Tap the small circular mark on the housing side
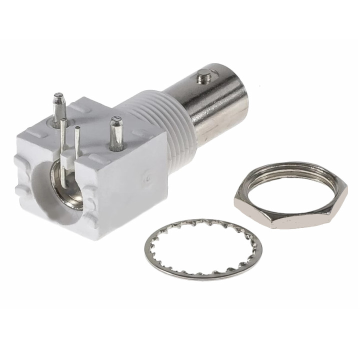[147, 176]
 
